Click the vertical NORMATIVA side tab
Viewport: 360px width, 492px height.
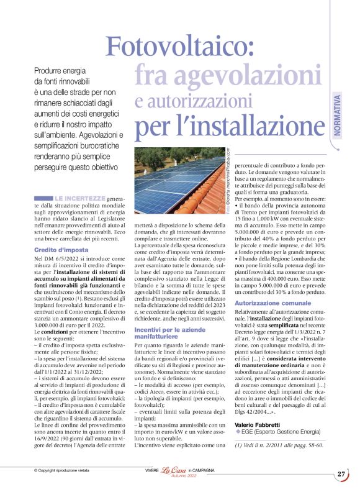coord(336,115)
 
